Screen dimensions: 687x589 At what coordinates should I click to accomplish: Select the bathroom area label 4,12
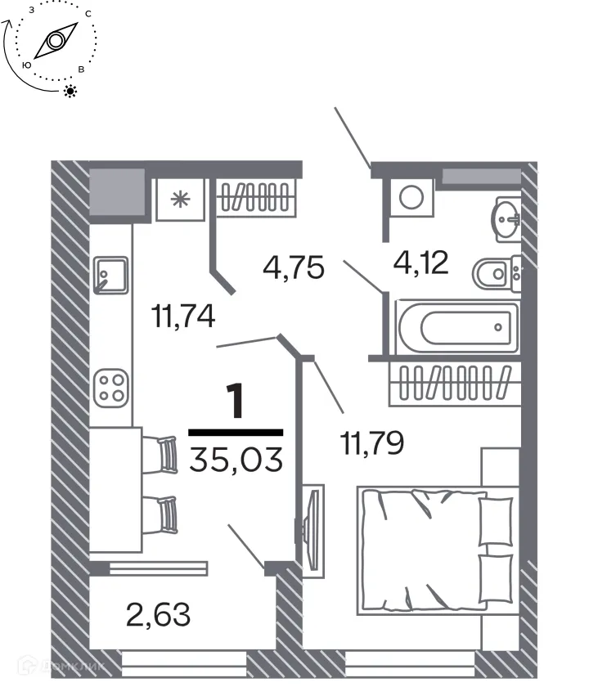pyautogui.click(x=420, y=263)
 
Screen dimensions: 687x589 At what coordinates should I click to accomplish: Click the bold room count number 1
pyautogui.click(x=236, y=402)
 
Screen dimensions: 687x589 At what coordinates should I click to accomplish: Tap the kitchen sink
pyautogui.click(x=110, y=274)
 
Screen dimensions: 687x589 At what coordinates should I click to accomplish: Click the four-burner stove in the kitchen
pyautogui.click(x=110, y=387)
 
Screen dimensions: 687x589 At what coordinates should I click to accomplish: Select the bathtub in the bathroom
pyautogui.click(x=456, y=328)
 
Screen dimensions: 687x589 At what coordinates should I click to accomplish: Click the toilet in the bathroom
pyautogui.click(x=496, y=274)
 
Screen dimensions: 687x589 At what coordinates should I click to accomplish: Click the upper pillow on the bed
pyautogui.click(x=494, y=519)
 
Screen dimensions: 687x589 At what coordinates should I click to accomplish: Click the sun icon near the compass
pyautogui.click(x=70, y=91)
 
